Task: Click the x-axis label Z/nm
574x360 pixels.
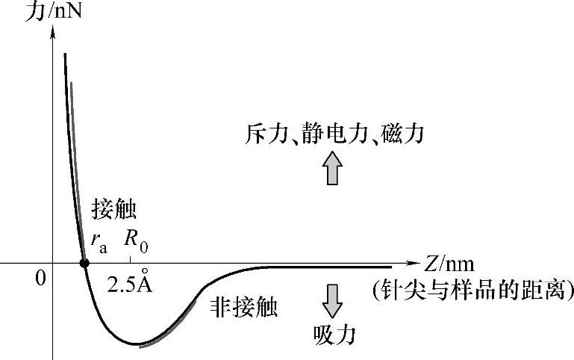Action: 449,264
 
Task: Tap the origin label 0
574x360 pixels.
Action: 41,278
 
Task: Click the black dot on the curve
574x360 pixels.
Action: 84,263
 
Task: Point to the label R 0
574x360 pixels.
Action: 136,240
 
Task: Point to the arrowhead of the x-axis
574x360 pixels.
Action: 415,264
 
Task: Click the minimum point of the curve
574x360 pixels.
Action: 137,344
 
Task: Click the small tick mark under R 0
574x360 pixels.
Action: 131,259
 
